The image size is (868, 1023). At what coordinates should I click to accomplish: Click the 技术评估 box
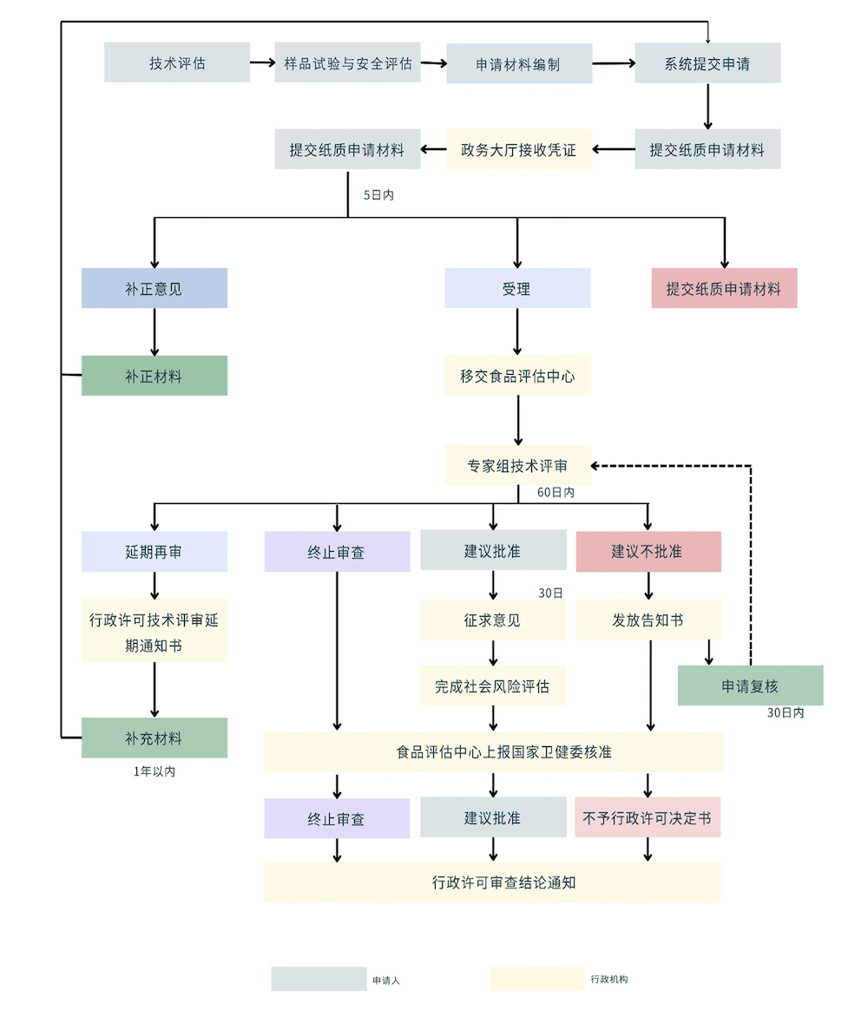[177, 62]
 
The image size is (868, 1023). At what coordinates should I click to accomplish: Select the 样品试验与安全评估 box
[347, 62]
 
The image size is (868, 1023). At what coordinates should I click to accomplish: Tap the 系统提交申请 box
[707, 63]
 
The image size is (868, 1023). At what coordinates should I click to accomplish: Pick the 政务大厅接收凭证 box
[519, 149]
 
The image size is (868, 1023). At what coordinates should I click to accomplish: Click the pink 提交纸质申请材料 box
[724, 288]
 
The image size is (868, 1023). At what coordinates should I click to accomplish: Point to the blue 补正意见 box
[155, 288]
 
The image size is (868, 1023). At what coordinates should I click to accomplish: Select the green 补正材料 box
[155, 376]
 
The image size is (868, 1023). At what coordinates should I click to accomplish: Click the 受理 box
[517, 288]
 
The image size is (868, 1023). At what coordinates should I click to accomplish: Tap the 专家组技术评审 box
[518, 465]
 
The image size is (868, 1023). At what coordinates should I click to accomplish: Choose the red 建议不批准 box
[648, 551]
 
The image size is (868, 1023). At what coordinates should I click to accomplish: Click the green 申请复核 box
[750, 685]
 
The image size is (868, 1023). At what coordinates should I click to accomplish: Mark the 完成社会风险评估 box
[493, 685]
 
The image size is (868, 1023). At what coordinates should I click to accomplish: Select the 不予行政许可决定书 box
[648, 817]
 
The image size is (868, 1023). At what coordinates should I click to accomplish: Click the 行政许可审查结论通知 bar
[492, 882]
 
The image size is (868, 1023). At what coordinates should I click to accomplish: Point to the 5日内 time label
[378, 195]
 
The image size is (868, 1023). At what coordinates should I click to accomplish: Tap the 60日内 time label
[556, 492]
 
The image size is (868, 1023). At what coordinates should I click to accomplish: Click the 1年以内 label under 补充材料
[155, 771]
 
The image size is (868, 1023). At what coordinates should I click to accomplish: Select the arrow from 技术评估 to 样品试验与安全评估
[262, 62]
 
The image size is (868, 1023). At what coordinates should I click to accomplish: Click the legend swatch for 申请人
[319, 979]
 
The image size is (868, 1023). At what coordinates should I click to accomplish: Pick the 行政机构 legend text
[608, 979]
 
